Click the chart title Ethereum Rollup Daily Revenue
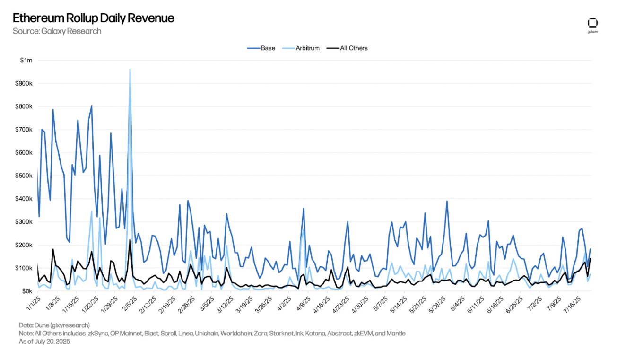click(x=93, y=18)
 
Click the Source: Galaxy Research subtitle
click(x=57, y=31)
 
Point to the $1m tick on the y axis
click(x=26, y=61)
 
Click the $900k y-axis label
click(x=24, y=84)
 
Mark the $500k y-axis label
click(x=24, y=176)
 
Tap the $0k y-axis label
click(x=26, y=291)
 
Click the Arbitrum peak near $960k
click(x=130, y=70)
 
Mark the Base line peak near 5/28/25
click(x=447, y=201)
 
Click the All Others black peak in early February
click(x=130, y=239)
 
